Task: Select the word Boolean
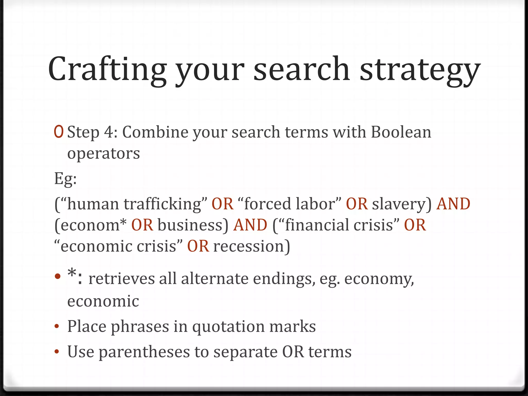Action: [401, 132]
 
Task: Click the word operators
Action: [103, 154]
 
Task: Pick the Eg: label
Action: [65, 178]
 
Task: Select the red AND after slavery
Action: [453, 204]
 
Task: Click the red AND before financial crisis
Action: [250, 225]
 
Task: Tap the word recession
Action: [249, 246]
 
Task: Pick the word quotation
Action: [228, 327]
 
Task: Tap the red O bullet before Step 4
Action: [59, 132]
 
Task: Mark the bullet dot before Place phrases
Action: [57, 327]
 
